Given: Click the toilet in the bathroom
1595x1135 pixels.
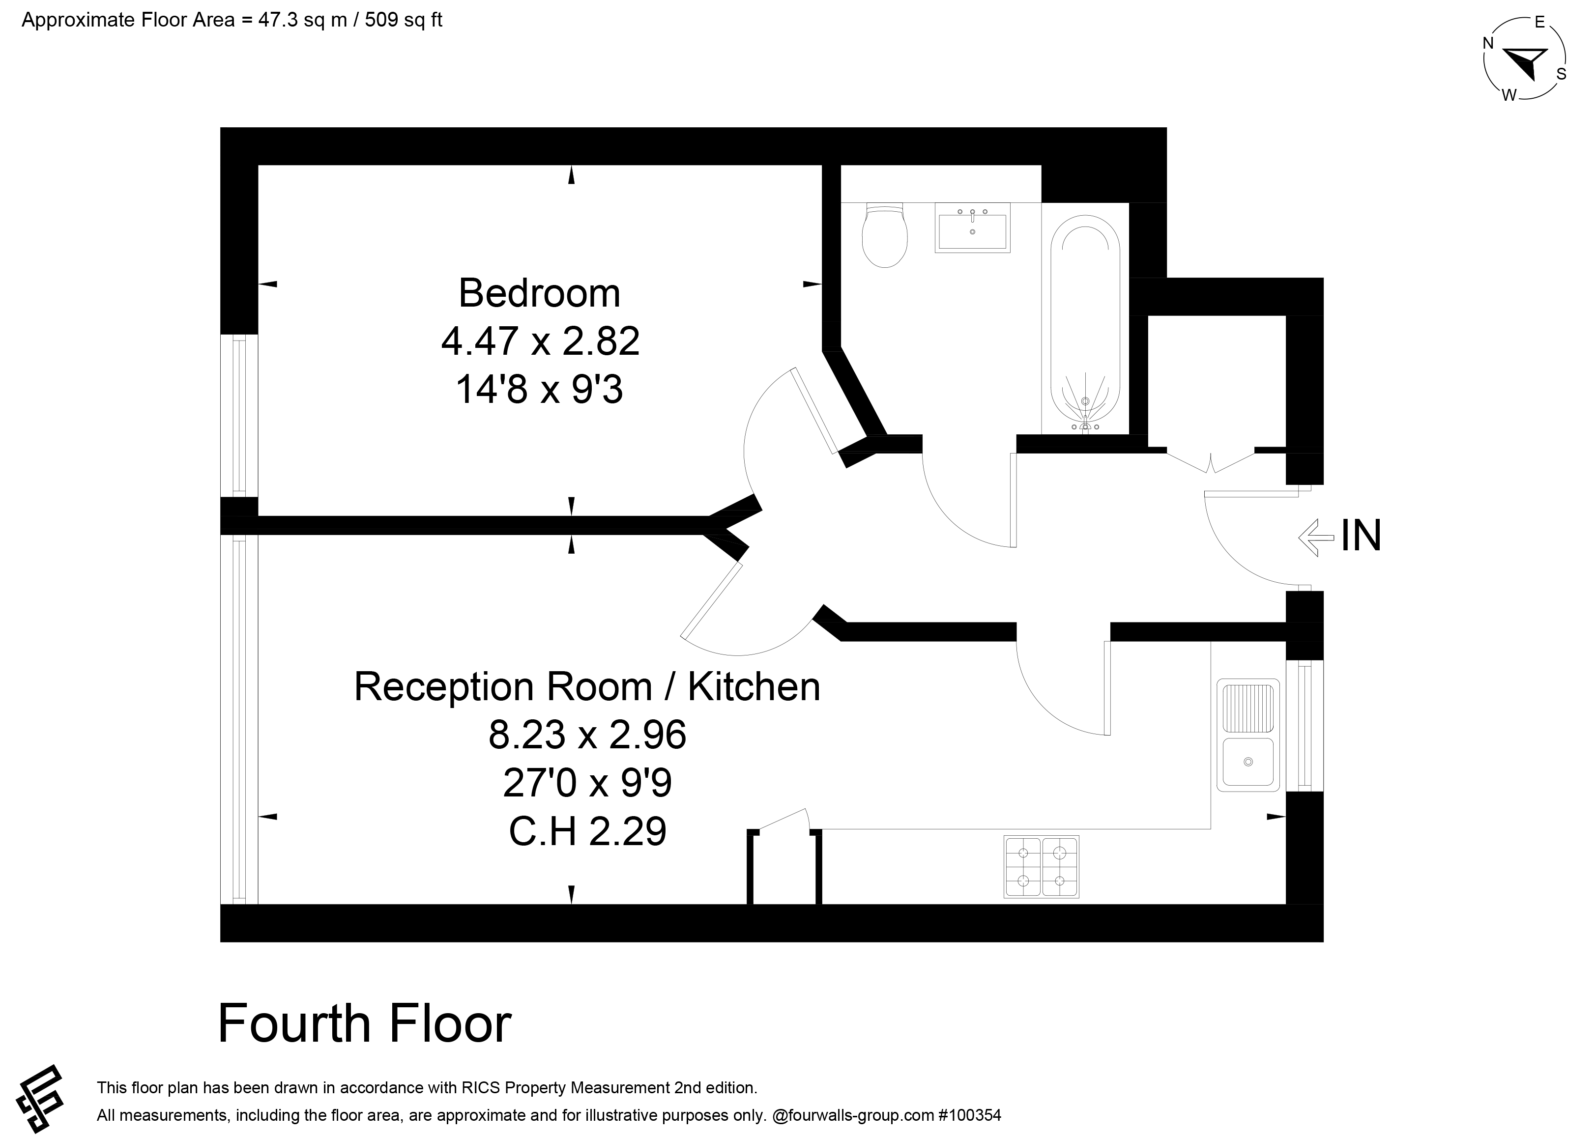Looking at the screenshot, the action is (884, 235).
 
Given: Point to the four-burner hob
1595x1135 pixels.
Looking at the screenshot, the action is (1042, 867).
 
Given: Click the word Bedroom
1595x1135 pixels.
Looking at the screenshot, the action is (539, 293).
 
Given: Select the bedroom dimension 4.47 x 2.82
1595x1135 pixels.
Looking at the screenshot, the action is (540, 341).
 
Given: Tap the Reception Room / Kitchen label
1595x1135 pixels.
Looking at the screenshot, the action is (587, 686).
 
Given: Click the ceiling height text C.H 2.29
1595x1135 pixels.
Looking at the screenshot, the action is (587, 832).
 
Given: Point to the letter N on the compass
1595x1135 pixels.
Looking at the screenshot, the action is (1489, 43).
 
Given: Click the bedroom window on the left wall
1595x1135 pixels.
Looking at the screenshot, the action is (239, 415).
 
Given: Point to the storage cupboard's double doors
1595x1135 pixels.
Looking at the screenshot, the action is (1211, 461).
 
